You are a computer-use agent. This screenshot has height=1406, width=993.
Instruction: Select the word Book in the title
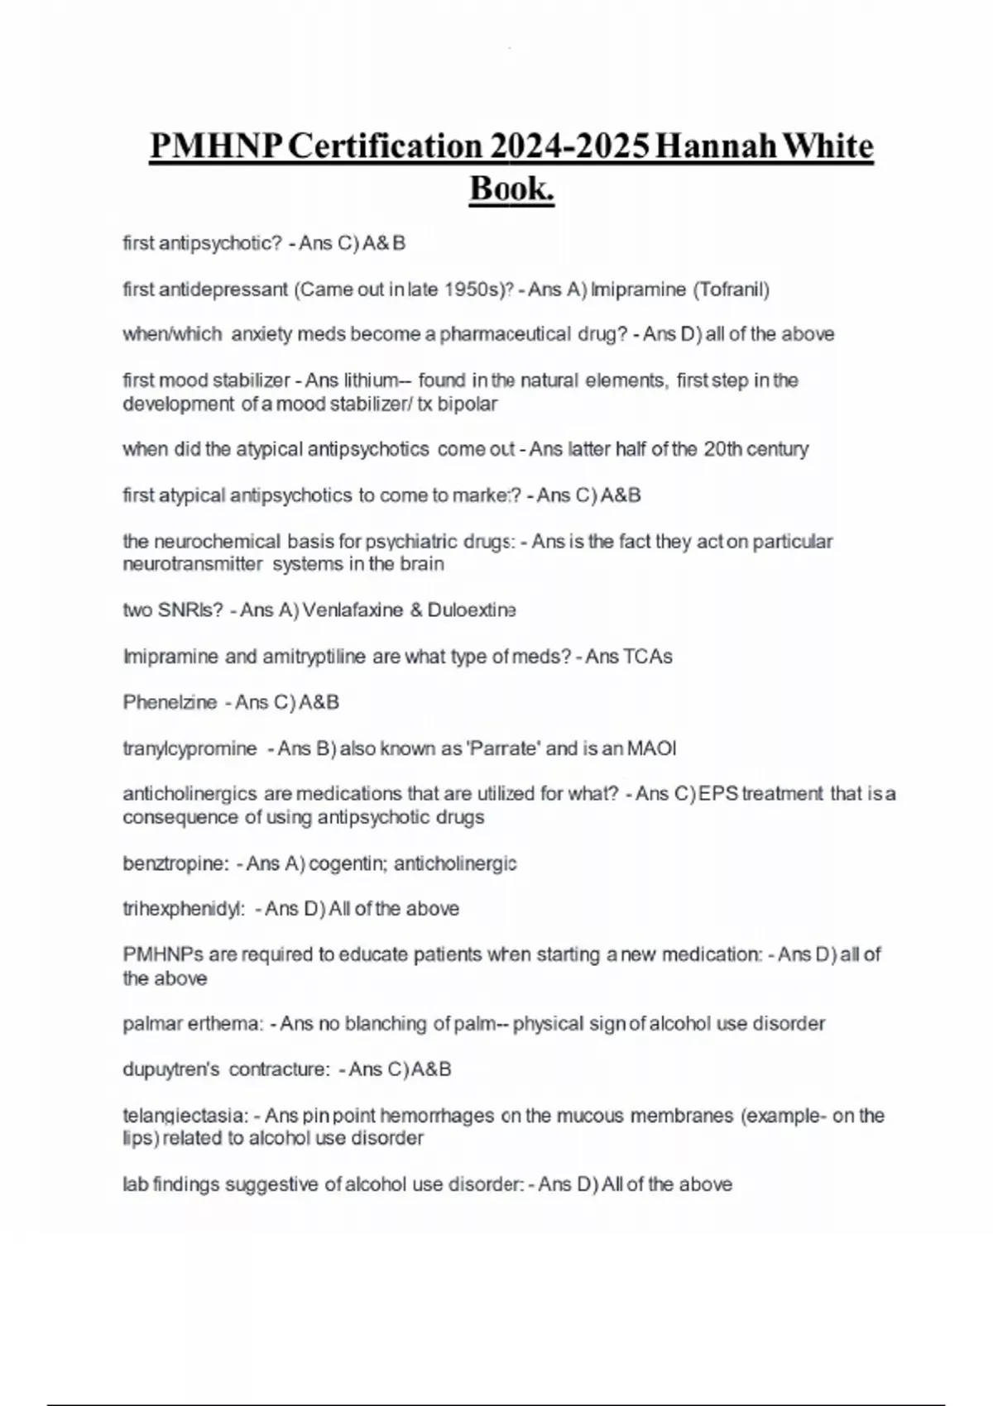511,189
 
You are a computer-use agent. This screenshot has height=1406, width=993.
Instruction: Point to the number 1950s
470,289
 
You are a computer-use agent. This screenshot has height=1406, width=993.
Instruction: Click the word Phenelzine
170,702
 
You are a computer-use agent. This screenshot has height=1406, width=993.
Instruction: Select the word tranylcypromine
189,748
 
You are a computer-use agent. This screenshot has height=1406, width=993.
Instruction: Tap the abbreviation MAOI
651,748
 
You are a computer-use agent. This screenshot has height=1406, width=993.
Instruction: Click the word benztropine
175,863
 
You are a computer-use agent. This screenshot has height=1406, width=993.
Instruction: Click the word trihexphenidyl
184,909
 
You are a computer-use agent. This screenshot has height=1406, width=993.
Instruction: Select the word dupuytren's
171,1069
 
